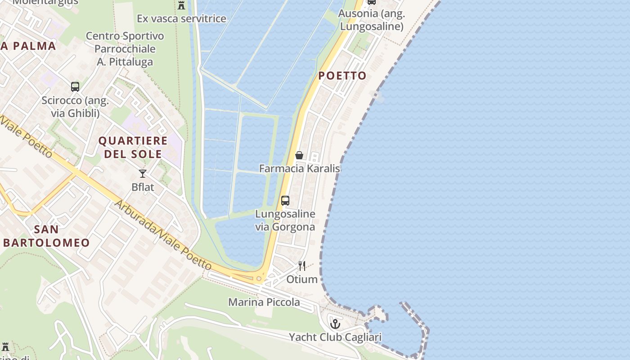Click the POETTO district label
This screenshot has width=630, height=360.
tap(342, 76)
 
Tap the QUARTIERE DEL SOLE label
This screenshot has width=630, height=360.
tap(133, 147)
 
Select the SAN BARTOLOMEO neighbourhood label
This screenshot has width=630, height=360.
tap(46, 236)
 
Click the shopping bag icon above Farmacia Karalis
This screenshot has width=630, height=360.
tap(299, 155)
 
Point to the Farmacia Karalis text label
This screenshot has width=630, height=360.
tap(299, 169)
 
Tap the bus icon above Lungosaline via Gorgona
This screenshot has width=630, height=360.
tap(285, 201)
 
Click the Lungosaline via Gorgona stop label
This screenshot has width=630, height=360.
tap(285, 220)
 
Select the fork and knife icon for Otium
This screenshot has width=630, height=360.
tap(302, 266)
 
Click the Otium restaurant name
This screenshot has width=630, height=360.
tap(302, 279)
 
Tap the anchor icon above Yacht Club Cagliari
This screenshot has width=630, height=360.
tap(335, 324)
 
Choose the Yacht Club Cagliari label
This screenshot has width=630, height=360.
tap(335, 337)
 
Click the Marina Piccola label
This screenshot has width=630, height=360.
tap(264, 302)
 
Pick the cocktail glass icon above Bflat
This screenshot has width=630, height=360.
tap(143, 174)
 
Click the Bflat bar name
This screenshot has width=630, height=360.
tap(143, 187)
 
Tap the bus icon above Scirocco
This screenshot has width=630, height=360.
tap(75, 87)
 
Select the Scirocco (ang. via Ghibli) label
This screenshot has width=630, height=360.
tap(75, 107)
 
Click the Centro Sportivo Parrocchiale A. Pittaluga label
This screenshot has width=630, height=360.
tap(125, 49)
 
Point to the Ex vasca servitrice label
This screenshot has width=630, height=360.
tap(181, 19)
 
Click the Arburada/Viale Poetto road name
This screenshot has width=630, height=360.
tap(162, 235)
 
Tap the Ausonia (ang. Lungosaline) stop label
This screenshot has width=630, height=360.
tap(372, 20)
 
